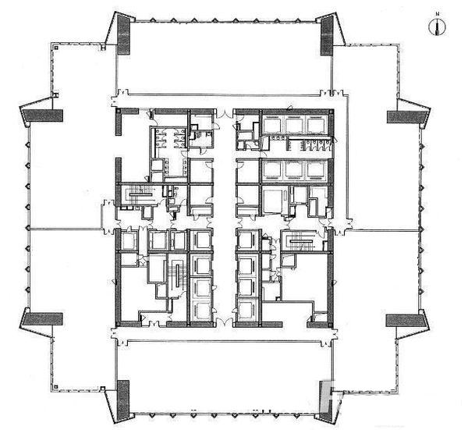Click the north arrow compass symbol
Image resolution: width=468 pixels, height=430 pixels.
coord(438,27)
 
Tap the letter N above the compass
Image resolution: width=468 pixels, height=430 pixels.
coord(438,14)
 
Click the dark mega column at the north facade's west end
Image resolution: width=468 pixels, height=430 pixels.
coord(123,35)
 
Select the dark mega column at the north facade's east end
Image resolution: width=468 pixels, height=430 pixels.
coord(327,36)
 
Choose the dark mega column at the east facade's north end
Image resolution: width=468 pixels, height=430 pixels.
coord(406,117)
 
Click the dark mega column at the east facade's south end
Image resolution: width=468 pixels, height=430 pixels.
coord(405,320)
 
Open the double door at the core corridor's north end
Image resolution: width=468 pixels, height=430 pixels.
coord(224,114)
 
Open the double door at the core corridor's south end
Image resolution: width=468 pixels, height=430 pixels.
coord(224,322)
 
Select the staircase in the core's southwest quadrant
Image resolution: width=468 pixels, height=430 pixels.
coord(178,275)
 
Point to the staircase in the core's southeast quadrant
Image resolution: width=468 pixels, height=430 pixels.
coord(302,241)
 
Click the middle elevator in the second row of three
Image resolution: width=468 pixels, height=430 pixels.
coord(296,170)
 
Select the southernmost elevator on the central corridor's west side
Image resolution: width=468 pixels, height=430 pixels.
coord(202,311)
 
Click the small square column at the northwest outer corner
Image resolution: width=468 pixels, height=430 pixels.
coord(56,47)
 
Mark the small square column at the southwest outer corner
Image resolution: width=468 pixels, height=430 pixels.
coord(56,387)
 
